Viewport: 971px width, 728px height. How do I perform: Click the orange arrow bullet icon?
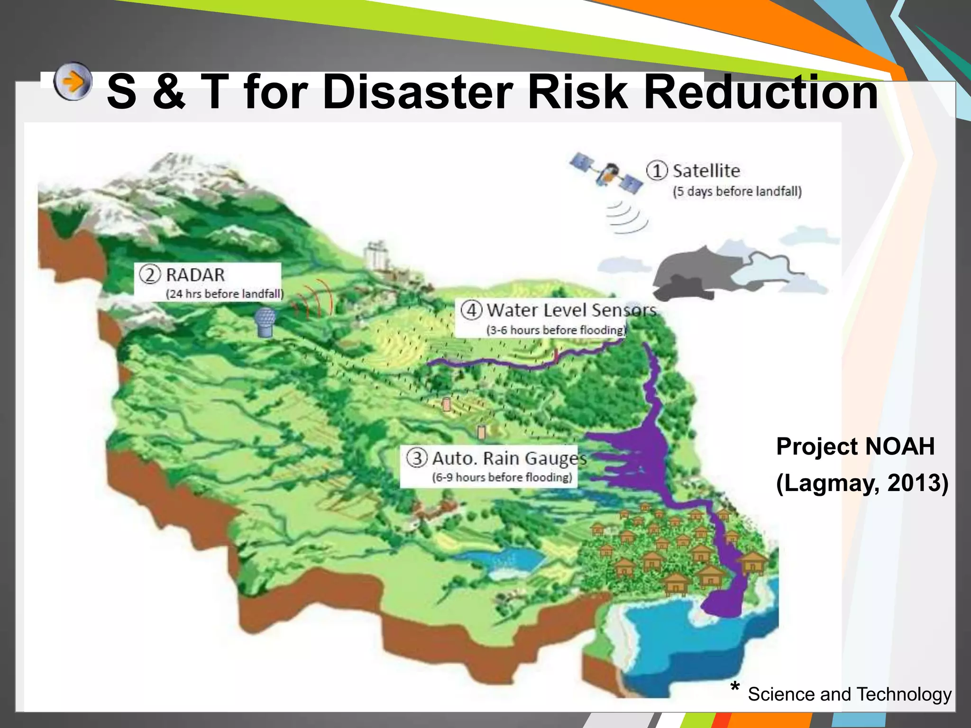(x=73, y=82)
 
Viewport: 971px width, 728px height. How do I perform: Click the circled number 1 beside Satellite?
(x=657, y=171)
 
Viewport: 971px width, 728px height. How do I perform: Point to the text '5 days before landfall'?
(x=737, y=191)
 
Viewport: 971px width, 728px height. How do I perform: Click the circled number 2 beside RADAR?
(x=150, y=275)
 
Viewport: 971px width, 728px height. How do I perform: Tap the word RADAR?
(x=195, y=275)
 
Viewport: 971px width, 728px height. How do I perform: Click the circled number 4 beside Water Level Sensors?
(x=472, y=310)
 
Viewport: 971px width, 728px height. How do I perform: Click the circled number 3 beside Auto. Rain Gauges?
(x=417, y=458)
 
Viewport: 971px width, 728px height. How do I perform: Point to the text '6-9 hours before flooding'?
(x=502, y=477)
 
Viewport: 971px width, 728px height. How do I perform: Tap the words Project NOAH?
(x=855, y=446)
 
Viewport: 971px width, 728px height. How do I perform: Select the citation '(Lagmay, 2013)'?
(x=862, y=483)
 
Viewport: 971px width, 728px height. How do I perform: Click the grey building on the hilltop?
(x=376, y=256)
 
